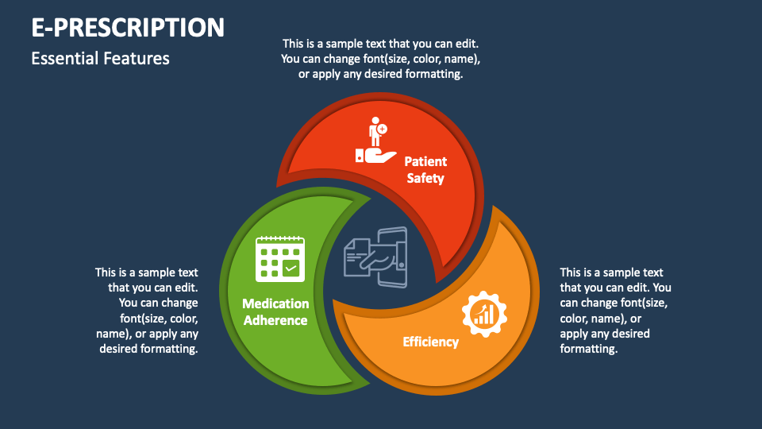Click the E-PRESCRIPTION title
coord(128,27)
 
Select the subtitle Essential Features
coord(100,58)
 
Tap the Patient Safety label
coord(425,169)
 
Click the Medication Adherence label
coord(275,312)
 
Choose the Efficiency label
coord(430,342)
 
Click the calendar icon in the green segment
coord(280,259)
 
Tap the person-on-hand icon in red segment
coord(375,141)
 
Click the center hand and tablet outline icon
coord(375,253)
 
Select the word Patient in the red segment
coord(425,161)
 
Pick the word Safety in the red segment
coord(425,178)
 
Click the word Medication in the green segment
coord(275,303)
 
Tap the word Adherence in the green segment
coord(275,321)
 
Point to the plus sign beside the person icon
coord(383,128)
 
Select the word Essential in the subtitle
coord(65,58)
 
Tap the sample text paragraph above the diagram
coord(380,59)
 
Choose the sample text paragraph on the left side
coord(148,311)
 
